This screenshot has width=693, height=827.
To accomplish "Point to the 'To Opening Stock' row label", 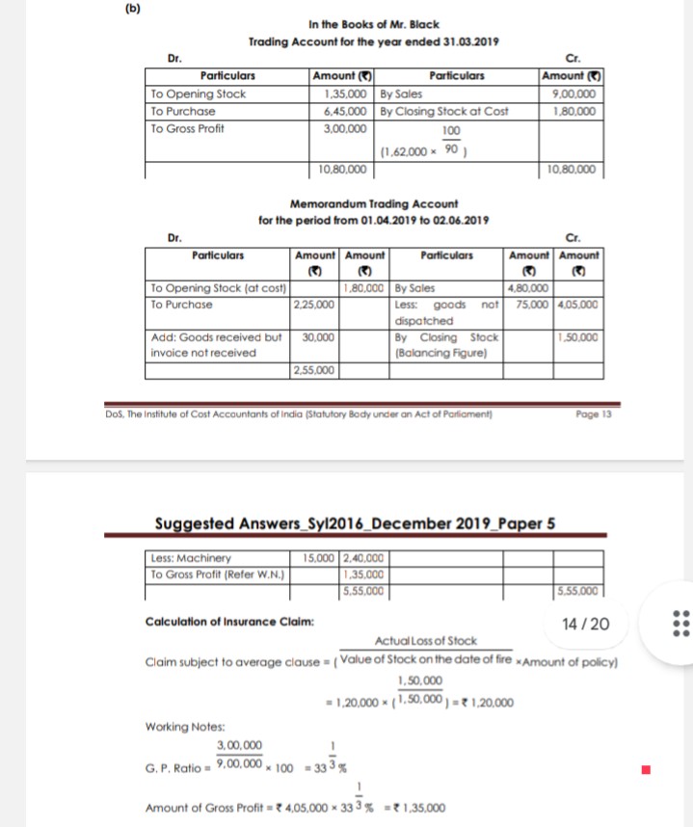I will point(199,94).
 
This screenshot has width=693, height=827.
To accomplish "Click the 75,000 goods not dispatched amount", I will point(529,304).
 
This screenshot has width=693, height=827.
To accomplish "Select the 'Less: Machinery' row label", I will point(192,556).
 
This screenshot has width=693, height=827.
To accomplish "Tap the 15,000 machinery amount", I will point(315,556).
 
